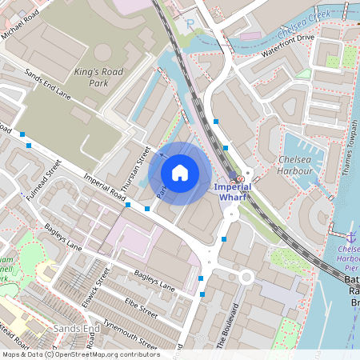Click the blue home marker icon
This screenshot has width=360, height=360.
[x=180, y=172]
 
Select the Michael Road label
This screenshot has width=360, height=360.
[x=21, y=14]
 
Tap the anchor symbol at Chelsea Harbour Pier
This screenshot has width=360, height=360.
[x=350, y=238]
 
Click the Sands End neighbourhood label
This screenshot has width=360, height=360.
[x=75, y=329]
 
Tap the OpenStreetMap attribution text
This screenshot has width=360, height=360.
[x=81, y=354]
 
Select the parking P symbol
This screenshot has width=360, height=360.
[x=190, y=24]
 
